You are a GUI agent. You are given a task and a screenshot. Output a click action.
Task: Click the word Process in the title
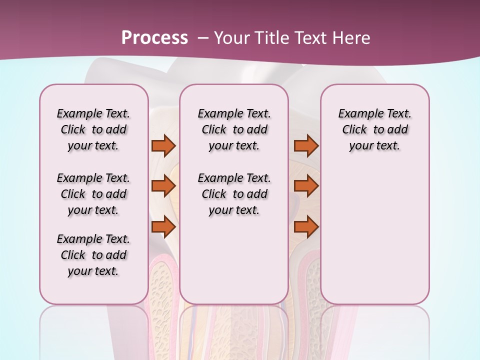154,38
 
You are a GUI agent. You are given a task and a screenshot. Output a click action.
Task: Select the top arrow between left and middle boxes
163,145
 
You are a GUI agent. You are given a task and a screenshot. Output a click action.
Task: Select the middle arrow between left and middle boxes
163,186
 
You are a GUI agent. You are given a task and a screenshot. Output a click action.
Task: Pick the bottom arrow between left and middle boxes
163,227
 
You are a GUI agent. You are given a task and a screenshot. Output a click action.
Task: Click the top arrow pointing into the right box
306,145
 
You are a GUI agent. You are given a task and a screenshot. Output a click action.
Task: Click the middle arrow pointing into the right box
306,186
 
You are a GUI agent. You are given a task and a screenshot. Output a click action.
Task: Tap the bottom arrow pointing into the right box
306,227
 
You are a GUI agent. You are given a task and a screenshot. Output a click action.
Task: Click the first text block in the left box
93,129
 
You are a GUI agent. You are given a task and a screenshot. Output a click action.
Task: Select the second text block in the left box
93,194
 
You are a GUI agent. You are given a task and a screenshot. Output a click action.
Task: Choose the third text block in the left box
93,255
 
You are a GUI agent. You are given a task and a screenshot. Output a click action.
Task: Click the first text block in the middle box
234,129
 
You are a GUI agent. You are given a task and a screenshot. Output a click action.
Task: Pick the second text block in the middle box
234,194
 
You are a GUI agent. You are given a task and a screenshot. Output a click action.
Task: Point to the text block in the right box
374,129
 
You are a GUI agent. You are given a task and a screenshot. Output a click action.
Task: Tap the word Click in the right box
354,130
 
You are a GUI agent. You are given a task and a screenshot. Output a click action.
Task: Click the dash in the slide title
203,38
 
